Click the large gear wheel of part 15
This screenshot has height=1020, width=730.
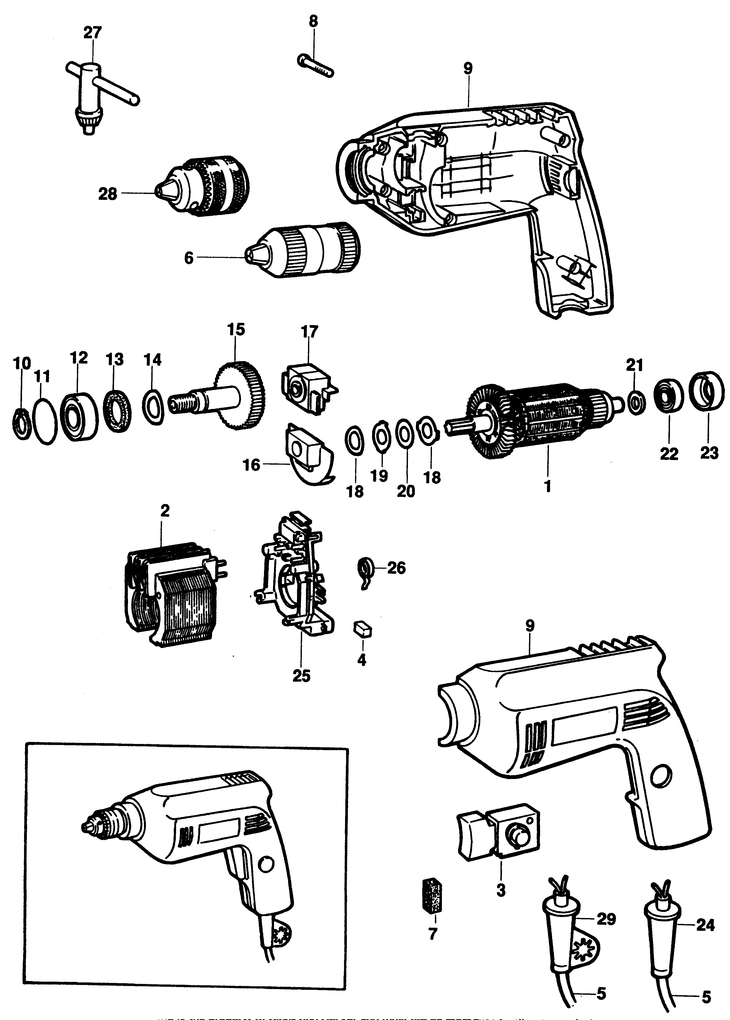pos(241,395)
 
